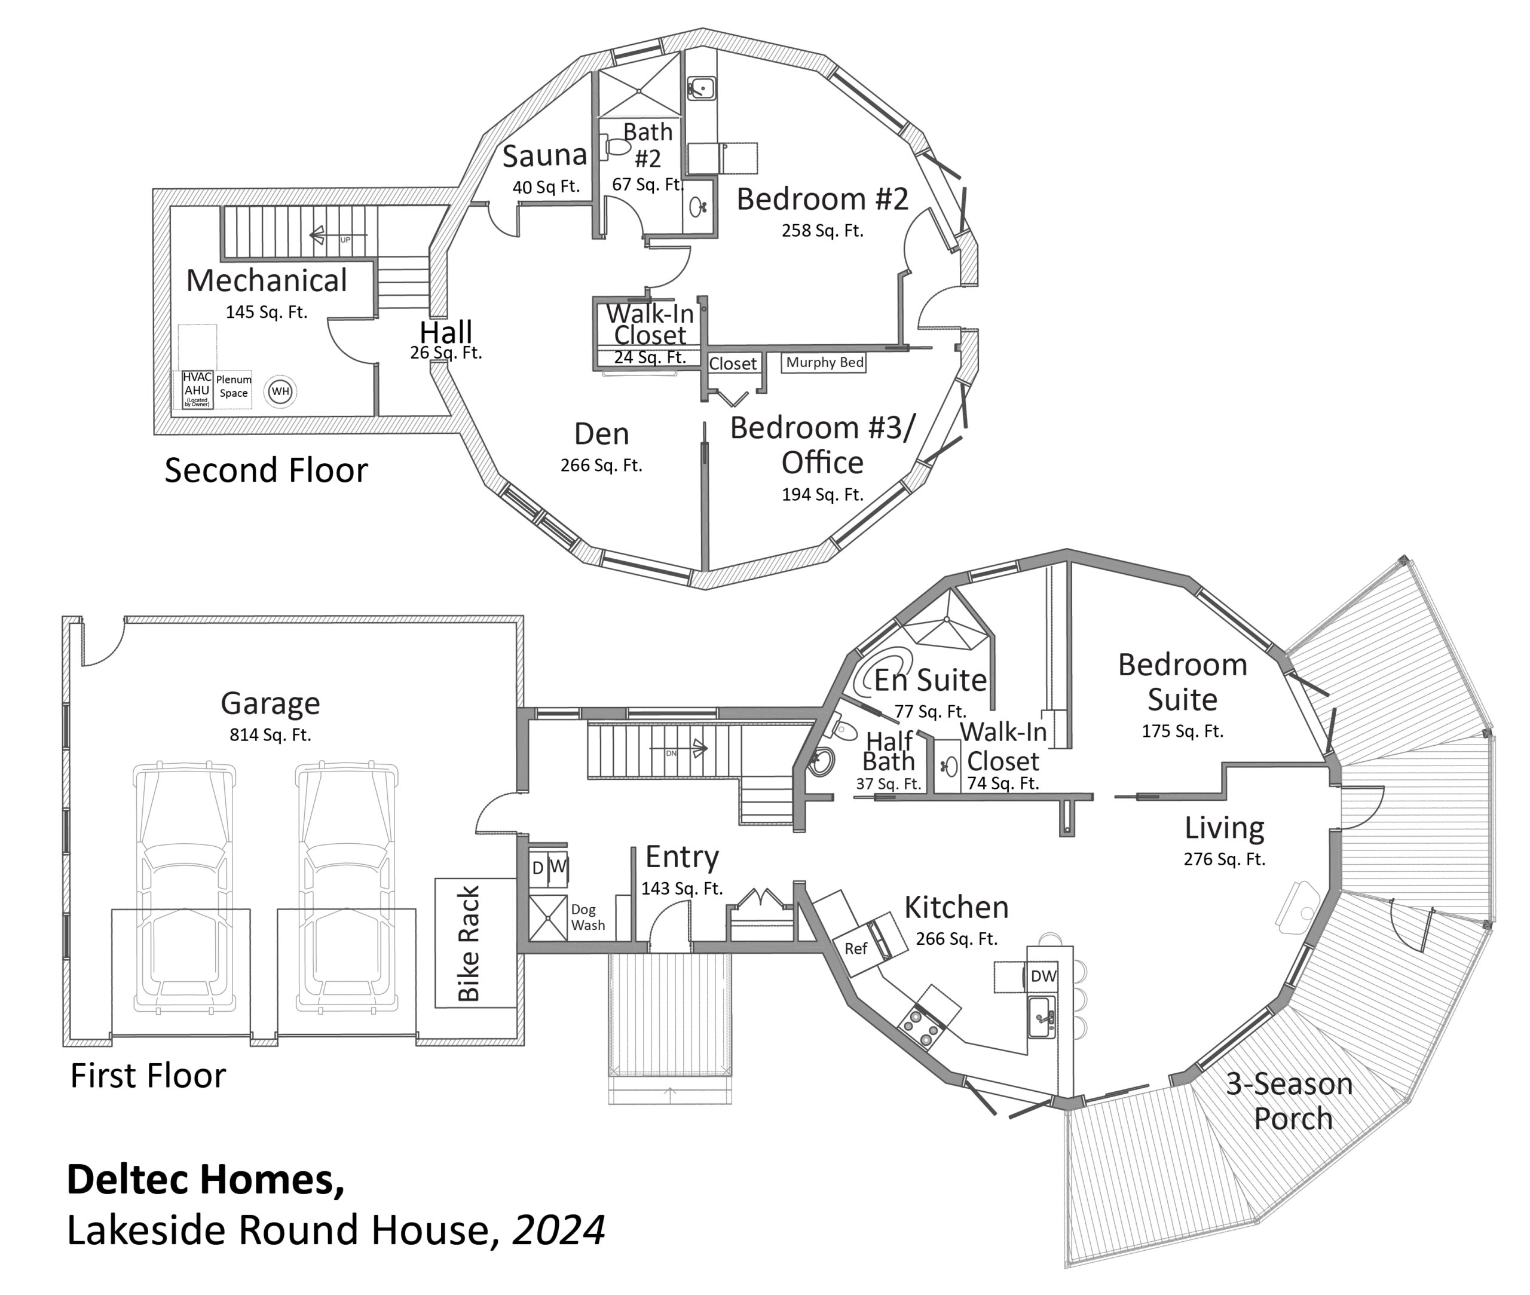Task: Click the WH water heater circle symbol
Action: (280, 391)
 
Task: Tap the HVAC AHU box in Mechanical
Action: (197, 390)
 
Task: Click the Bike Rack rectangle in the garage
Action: (475, 942)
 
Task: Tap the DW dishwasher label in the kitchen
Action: (1042, 976)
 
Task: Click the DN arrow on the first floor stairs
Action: (697, 749)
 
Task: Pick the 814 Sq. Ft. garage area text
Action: (270, 735)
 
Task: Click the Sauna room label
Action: (544, 155)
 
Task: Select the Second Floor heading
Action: (266, 470)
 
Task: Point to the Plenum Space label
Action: (234, 386)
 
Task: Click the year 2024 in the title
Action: (558, 1230)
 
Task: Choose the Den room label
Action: (601, 434)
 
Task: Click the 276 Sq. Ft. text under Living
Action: (1224, 859)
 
